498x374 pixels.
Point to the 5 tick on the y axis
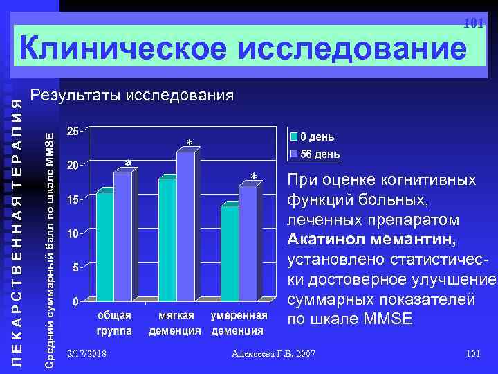click(x=75, y=267)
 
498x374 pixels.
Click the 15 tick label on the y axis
click(x=72, y=199)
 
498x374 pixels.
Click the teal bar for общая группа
click(x=104, y=245)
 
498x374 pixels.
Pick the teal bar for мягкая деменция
click(x=167, y=238)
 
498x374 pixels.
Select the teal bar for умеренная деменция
click(x=229, y=252)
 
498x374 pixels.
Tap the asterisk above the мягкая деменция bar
click(x=189, y=144)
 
